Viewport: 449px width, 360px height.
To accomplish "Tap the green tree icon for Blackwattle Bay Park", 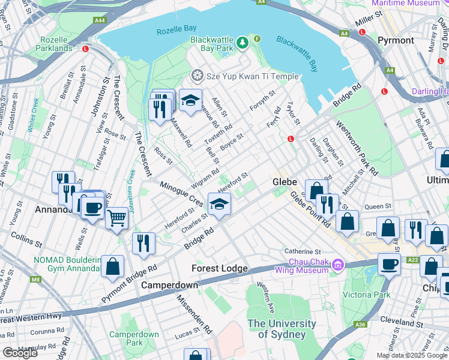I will coord(242,42).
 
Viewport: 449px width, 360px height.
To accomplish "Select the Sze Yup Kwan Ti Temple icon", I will coord(196,76).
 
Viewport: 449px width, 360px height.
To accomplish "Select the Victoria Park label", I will coord(366,295).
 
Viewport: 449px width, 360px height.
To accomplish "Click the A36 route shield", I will coord(359,325).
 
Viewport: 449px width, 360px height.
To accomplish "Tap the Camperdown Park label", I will coord(134,338).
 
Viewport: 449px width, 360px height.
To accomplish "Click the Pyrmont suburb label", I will coord(396,40).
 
